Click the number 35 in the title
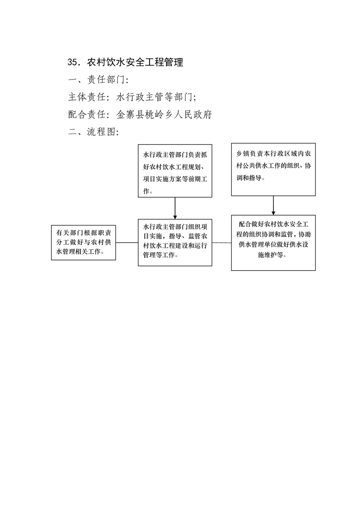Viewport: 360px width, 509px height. tap(73, 62)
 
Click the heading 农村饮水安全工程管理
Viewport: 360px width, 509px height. tap(135, 62)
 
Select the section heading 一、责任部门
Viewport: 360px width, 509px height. tap(98, 79)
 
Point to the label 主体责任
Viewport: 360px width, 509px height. tap(87, 97)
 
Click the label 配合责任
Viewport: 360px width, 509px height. tap(87, 114)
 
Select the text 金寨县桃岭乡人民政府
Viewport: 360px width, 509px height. tap(164, 114)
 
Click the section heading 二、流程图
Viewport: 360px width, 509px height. tap(93, 132)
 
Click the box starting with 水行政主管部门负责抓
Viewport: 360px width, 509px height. tap(175, 171)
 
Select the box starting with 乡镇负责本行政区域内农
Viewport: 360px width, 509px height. tap(273, 170)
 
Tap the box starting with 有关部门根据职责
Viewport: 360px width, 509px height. tap(83, 243)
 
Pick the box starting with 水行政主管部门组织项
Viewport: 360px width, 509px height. tap(175, 243)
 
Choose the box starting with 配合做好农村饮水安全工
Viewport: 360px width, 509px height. tap(273, 243)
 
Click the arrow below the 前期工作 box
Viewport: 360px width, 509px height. tap(175, 208)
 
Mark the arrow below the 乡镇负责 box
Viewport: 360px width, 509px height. tap(273, 206)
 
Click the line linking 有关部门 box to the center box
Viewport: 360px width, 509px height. tap(127, 243)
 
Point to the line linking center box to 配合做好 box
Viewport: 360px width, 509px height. tap(222, 243)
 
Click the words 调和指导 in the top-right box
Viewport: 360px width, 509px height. tap(249, 178)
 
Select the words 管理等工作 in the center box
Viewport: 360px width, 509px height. tap(159, 255)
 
